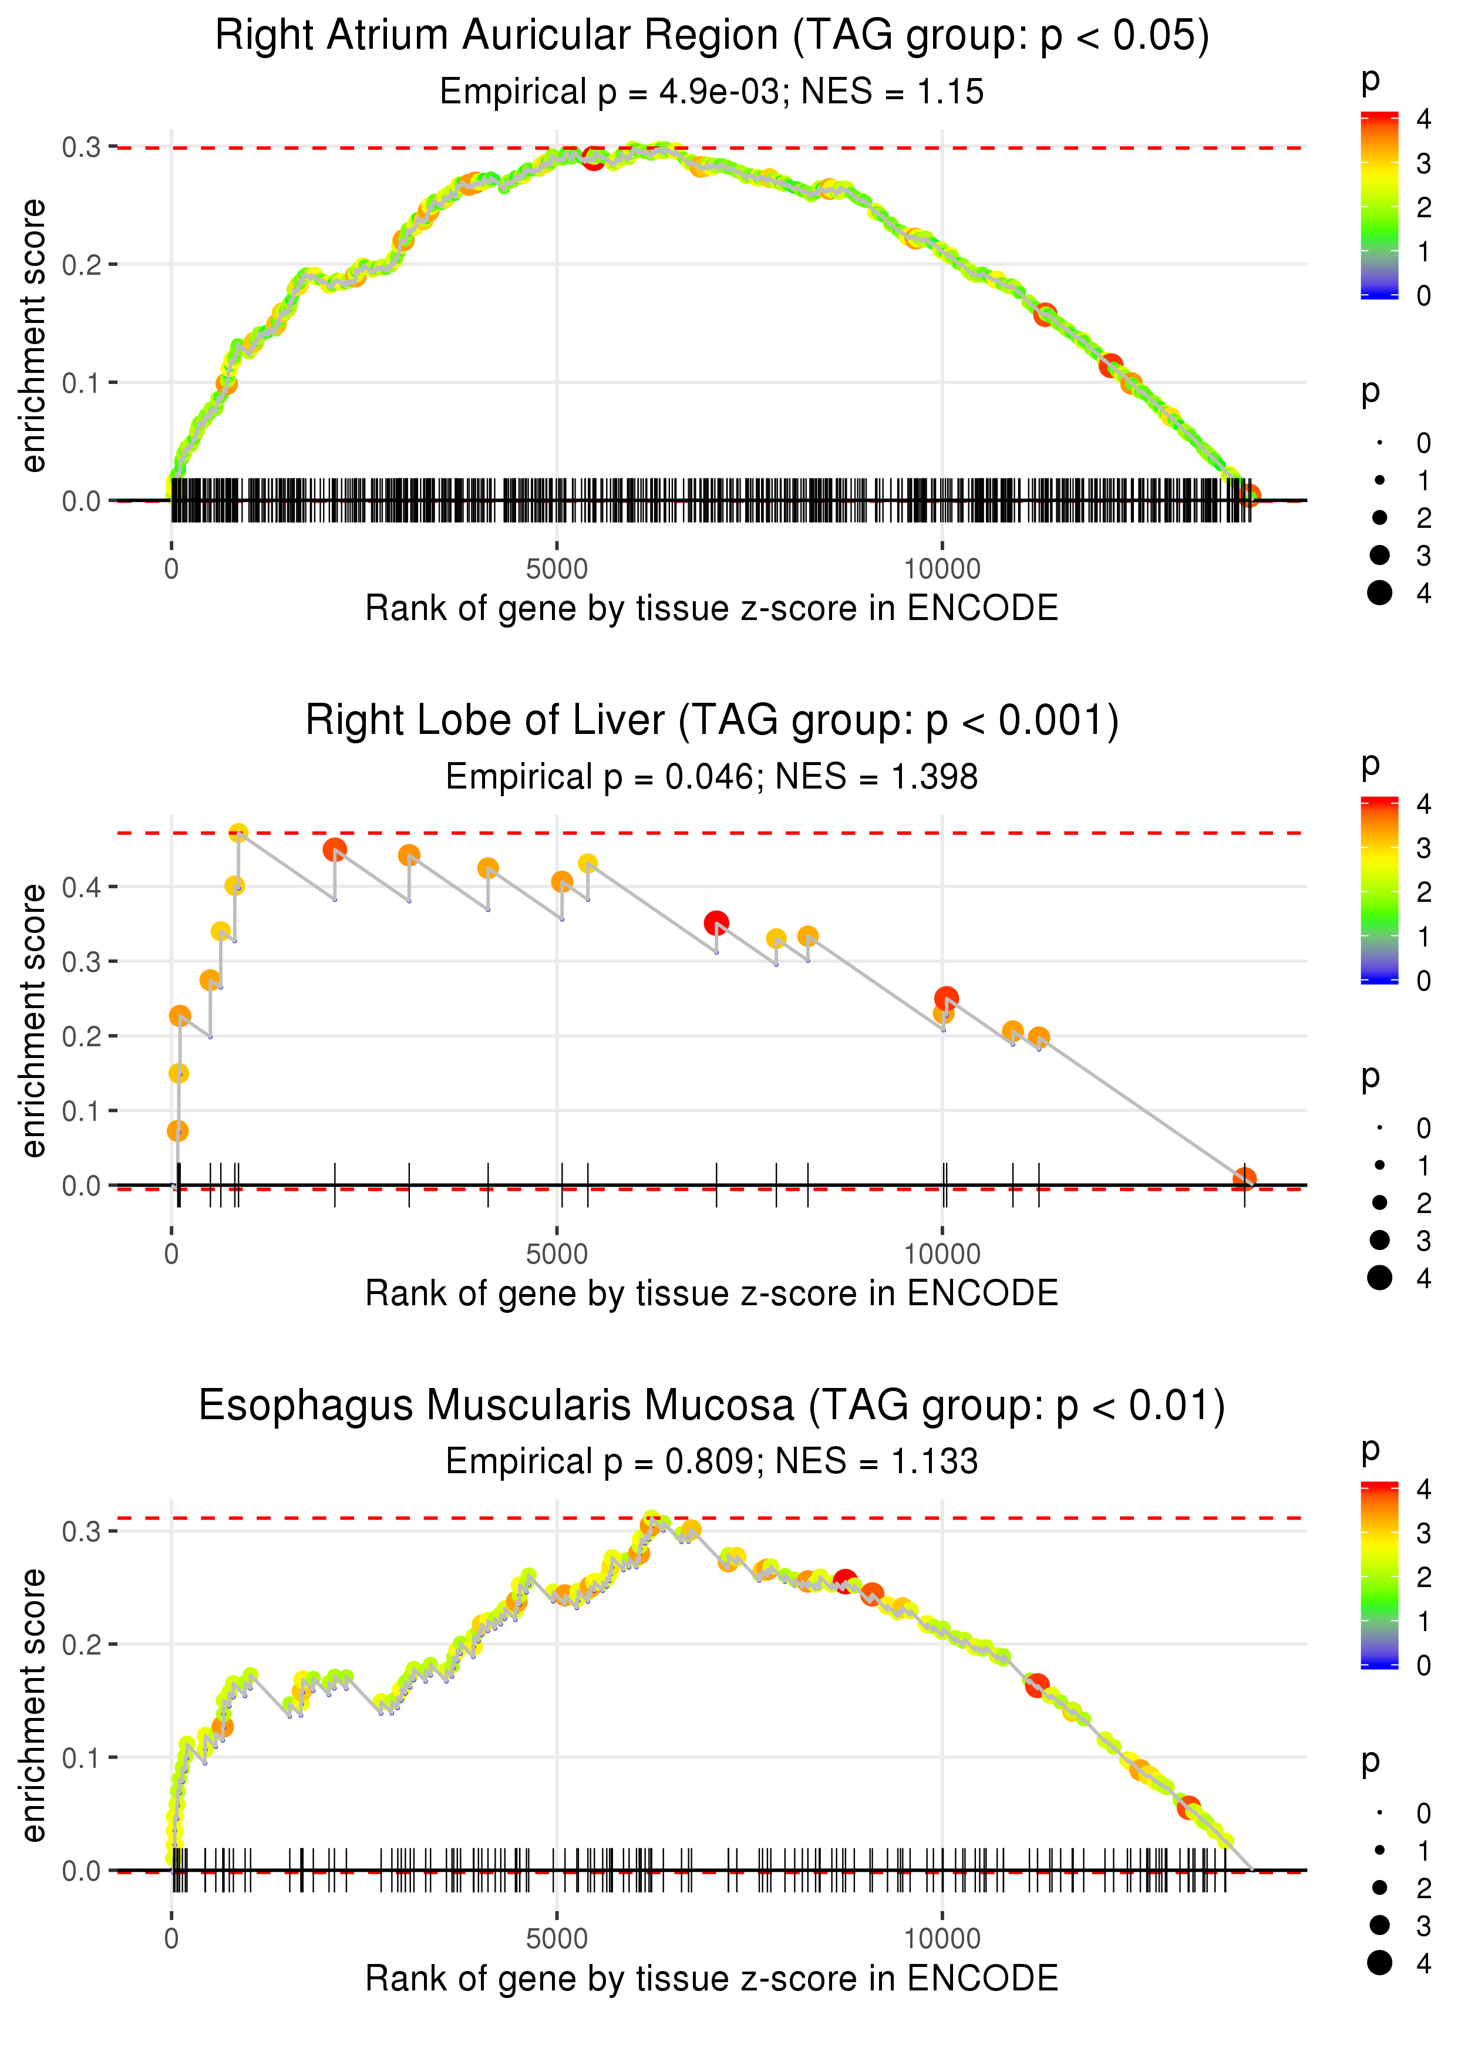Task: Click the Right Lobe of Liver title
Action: coord(712,721)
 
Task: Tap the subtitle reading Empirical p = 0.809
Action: coord(712,1461)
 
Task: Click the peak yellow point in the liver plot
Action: coord(238,833)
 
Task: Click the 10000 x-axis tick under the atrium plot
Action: coord(942,570)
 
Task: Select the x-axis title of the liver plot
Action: coord(712,1293)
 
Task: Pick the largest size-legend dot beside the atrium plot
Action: coord(1379,593)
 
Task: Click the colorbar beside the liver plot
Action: coord(1379,890)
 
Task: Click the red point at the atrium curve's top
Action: coord(593,159)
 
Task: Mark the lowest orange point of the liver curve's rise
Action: coord(178,1130)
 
